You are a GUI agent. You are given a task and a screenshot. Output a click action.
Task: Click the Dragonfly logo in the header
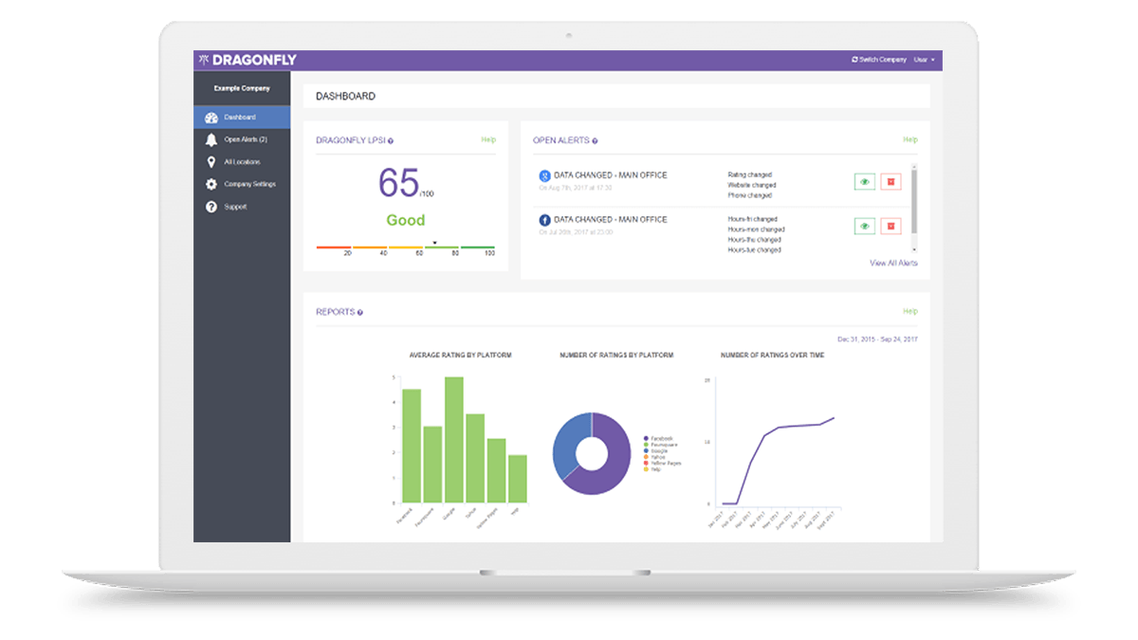point(248,60)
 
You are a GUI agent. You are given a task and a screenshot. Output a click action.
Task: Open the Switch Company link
point(879,60)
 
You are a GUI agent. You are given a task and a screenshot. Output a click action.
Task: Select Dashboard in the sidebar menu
point(240,118)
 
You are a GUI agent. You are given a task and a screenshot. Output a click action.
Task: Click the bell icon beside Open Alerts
point(211,139)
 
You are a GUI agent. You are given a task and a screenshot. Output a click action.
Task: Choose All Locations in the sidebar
point(242,162)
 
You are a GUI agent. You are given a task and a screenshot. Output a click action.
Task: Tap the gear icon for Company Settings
point(211,184)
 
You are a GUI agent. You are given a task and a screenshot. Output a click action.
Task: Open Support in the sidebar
point(234,207)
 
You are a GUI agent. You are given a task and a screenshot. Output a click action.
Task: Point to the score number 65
point(398,182)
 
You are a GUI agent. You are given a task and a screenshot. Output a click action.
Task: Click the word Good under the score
point(405,220)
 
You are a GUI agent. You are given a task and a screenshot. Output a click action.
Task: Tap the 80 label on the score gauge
point(455,253)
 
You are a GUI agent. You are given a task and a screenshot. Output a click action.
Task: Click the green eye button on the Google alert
point(864,181)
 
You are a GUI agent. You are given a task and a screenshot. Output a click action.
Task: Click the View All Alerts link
point(893,263)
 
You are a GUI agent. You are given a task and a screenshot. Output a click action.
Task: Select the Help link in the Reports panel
point(910,311)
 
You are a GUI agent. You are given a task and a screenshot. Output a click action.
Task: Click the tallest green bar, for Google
point(454,439)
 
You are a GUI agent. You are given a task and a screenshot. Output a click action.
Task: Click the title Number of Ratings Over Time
point(772,356)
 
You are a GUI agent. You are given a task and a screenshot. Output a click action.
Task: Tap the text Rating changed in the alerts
point(749,175)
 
